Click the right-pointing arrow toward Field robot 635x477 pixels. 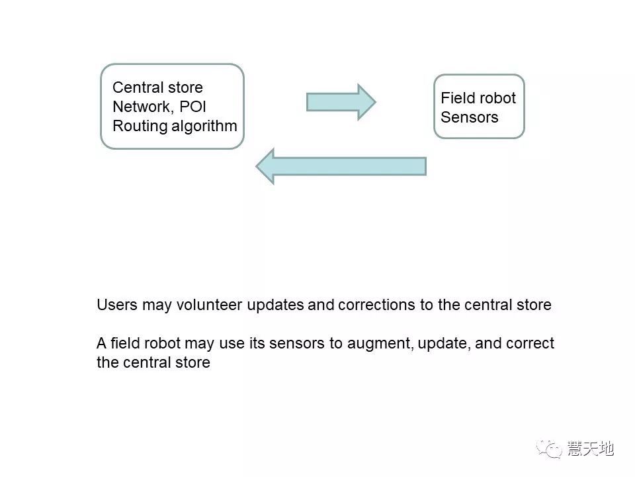pos(341,102)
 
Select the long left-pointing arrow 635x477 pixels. pos(340,166)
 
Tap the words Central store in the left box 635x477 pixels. pos(157,87)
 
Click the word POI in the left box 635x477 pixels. pos(193,107)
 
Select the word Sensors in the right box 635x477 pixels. pos(470,117)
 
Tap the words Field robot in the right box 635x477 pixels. pos(478,98)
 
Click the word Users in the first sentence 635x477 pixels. pos(116,305)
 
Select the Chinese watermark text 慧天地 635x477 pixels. pos(591,449)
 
